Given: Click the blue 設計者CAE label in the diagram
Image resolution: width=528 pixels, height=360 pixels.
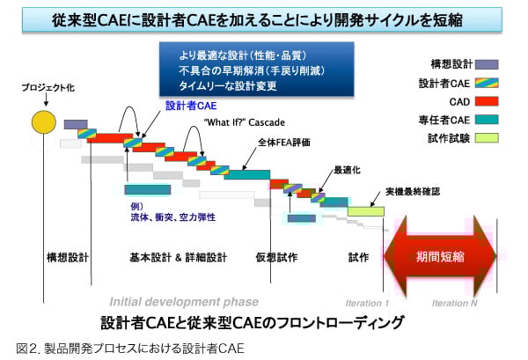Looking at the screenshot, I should point(185,105).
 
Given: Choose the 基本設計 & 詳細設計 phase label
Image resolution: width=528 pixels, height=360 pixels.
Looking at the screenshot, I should point(178,257).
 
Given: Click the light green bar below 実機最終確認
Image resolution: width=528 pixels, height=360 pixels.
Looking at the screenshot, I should point(365,211).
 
